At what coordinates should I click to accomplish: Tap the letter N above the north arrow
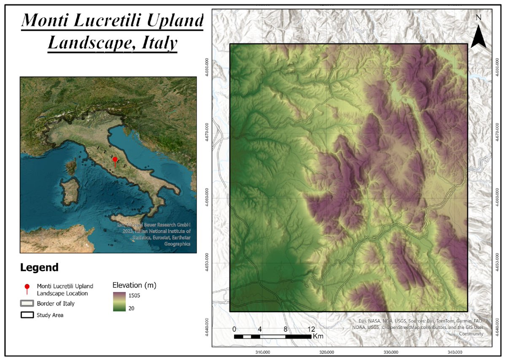click(x=478, y=18)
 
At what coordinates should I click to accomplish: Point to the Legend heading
click(x=39, y=268)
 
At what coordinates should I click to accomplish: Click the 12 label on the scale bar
click(x=312, y=329)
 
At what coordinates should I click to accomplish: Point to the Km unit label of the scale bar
click(x=318, y=337)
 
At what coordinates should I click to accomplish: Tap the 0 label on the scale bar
click(x=234, y=329)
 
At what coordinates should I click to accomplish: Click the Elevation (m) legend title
click(x=135, y=285)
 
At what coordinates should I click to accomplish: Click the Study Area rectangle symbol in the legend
click(x=27, y=315)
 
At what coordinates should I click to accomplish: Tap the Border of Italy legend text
click(x=56, y=303)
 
